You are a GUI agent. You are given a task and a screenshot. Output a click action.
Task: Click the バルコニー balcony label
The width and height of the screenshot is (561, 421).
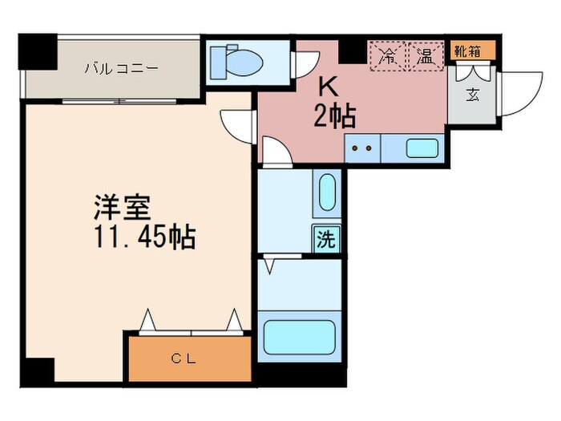pyautogui.click(x=122, y=68)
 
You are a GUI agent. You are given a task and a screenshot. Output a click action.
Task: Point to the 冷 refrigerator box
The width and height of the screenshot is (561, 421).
pyautogui.click(x=387, y=56)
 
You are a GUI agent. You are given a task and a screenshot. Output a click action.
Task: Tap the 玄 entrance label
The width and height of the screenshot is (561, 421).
pyautogui.click(x=473, y=93)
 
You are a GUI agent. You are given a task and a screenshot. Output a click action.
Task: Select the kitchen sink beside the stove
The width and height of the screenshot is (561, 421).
pyautogui.click(x=422, y=148)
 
